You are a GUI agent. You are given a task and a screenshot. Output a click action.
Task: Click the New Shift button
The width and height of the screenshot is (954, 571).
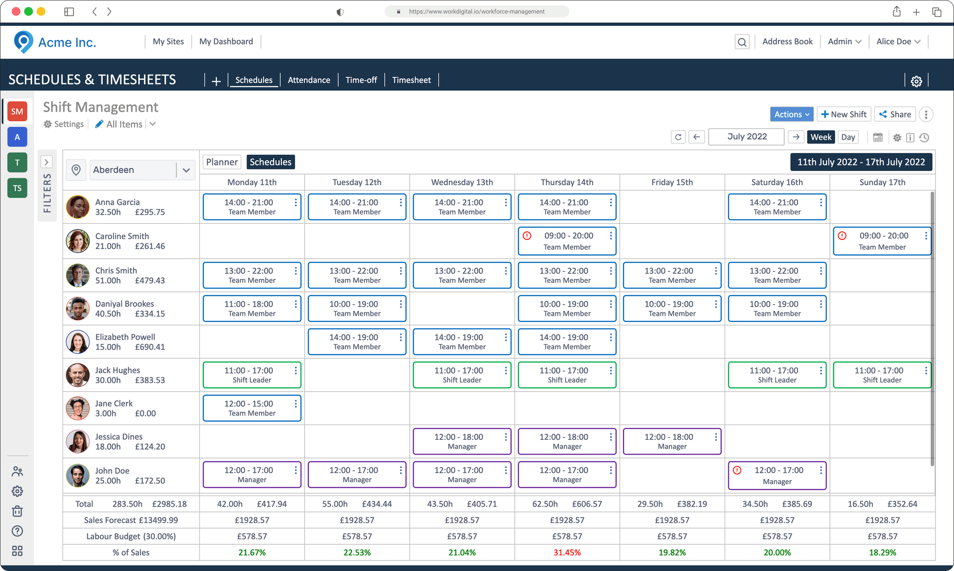click(x=844, y=114)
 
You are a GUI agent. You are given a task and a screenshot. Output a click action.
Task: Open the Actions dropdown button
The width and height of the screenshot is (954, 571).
click(x=791, y=114)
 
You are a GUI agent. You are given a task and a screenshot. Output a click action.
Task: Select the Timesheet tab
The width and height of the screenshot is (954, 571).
click(x=411, y=80)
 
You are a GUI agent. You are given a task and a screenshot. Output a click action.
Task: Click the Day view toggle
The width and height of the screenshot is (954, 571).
click(x=848, y=137)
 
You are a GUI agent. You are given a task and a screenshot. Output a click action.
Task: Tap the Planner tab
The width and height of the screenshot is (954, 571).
click(x=222, y=162)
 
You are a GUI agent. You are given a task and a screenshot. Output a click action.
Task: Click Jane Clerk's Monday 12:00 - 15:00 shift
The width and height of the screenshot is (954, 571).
click(x=249, y=408)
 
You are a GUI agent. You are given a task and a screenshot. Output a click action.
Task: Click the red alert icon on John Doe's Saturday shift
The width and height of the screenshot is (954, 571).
click(x=737, y=470)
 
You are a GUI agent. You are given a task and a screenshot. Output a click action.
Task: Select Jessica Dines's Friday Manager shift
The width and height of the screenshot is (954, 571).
click(x=669, y=441)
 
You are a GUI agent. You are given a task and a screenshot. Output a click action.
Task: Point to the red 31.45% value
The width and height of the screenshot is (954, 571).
click(x=567, y=552)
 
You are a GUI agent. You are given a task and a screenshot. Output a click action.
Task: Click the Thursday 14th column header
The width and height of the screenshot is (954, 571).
click(x=567, y=182)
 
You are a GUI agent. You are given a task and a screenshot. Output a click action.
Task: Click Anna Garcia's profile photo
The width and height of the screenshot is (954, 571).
click(x=78, y=207)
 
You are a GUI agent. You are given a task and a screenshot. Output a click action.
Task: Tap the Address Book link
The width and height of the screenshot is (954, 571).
click(x=787, y=42)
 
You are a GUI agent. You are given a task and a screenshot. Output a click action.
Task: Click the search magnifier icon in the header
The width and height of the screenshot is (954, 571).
click(x=742, y=42)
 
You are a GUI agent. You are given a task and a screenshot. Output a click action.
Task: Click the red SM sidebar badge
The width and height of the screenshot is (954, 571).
click(x=17, y=112)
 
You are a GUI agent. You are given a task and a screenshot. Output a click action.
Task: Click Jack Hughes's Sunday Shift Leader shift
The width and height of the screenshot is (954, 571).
click(x=879, y=375)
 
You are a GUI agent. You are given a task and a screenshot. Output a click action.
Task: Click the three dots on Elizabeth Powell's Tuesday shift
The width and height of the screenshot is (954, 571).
click(x=401, y=337)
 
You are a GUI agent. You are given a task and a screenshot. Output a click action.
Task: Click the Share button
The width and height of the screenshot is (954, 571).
click(x=895, y=114)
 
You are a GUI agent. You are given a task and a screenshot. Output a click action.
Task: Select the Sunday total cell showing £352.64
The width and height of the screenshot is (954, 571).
click(x=901, y=504)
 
